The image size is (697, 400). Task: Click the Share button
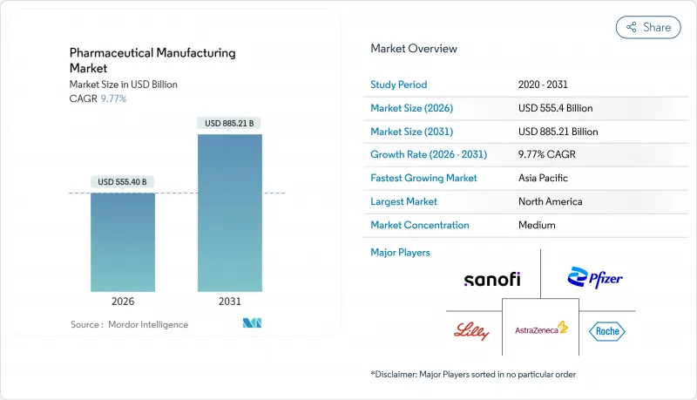coord(648,27)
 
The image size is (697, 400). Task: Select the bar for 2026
coord(123,242)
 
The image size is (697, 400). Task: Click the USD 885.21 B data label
coord(229,124)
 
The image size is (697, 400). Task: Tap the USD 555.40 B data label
coord(123,182)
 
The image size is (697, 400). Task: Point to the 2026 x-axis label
coord(123,302)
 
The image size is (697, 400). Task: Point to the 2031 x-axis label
coord(229,302)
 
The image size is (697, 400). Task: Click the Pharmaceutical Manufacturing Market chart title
coord(152,60)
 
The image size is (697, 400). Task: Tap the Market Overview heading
coord(413,49)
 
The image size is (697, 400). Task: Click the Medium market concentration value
coord(537,225)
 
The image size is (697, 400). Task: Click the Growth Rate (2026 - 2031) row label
coord(428,155)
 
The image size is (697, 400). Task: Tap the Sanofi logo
coord(492,279)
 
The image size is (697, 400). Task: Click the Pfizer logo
coord(595,279)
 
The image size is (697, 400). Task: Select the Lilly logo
coord(472,331)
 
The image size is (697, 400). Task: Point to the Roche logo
coord(607,331)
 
